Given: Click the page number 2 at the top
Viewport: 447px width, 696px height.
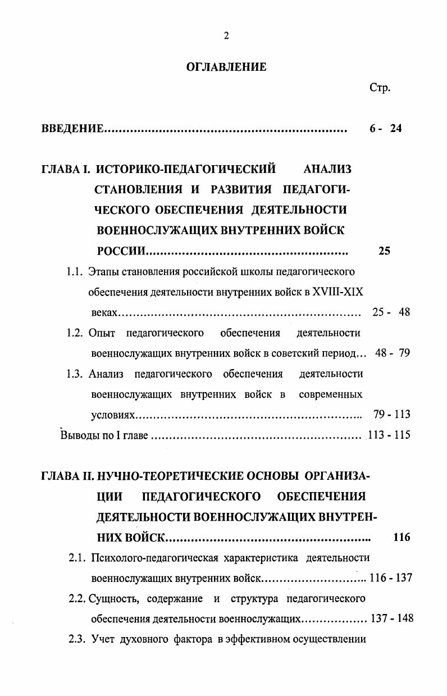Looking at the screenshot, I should coord(226,37).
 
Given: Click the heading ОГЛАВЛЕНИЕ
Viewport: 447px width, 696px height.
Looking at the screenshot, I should coord(226,67).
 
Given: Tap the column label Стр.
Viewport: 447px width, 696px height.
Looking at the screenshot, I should coord(380,88).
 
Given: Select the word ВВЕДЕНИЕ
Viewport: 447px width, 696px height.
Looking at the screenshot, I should coord(72,129).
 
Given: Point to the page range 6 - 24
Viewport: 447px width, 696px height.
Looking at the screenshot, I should coord(386,129).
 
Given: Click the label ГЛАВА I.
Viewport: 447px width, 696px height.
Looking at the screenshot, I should coord(66,169).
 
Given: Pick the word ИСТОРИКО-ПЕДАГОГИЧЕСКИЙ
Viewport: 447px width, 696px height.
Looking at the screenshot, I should coord(186,169).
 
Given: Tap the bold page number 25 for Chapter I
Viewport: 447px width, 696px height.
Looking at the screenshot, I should coord(384,251).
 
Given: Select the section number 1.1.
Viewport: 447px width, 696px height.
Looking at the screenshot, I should coord(75,272).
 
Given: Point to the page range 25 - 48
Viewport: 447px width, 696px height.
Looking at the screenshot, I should coord(391,312).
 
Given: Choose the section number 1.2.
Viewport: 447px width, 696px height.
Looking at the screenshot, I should coord(75,333).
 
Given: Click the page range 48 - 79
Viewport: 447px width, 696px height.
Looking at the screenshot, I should coord(393,353).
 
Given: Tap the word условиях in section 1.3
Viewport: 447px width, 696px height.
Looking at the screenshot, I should coord(113,415).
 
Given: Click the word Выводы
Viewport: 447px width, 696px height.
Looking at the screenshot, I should coord(77,435).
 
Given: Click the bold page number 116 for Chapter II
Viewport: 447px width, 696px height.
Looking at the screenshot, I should coord(402,538).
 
